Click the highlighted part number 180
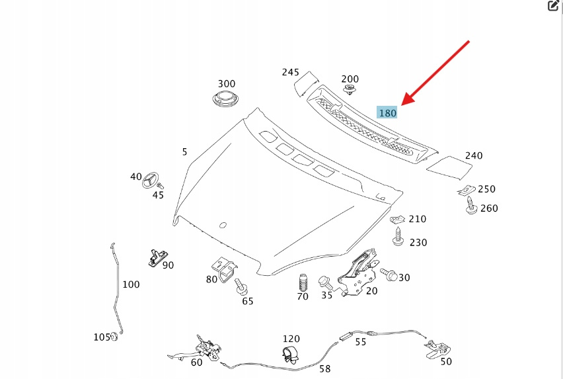tap(387, 112)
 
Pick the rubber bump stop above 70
tap(303, 282)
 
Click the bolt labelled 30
tap(387, 274)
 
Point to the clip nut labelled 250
tap(468, 190)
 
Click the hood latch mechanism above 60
tap(206, 347)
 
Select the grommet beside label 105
tap(114, 337)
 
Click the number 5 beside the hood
tap(184, 152)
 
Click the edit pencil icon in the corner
tap(554, 6)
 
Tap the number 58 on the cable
tap(325, 368)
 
